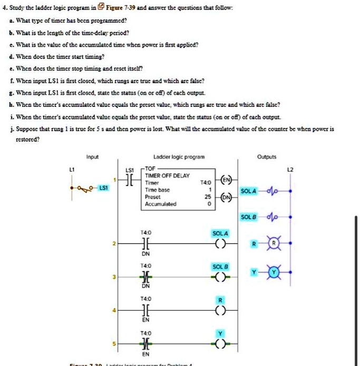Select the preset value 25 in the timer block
pyautogui.click(x=209, y=196)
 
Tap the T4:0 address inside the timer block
pyautogui.click(x=209, y=183)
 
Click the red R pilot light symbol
pyautogui.click(x=274, y=244)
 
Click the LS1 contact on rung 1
pyautogui.click(x=130, y=180)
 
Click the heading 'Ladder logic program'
pyautogui.click(x=172, y=157)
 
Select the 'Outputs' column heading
pyautogui.click(x=266, y=156)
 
